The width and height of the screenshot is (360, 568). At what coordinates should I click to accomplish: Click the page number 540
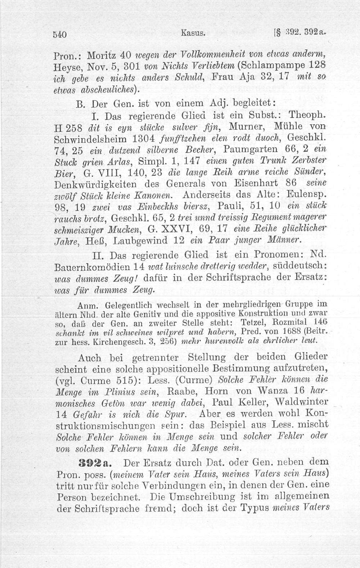(x=60, y=35)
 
